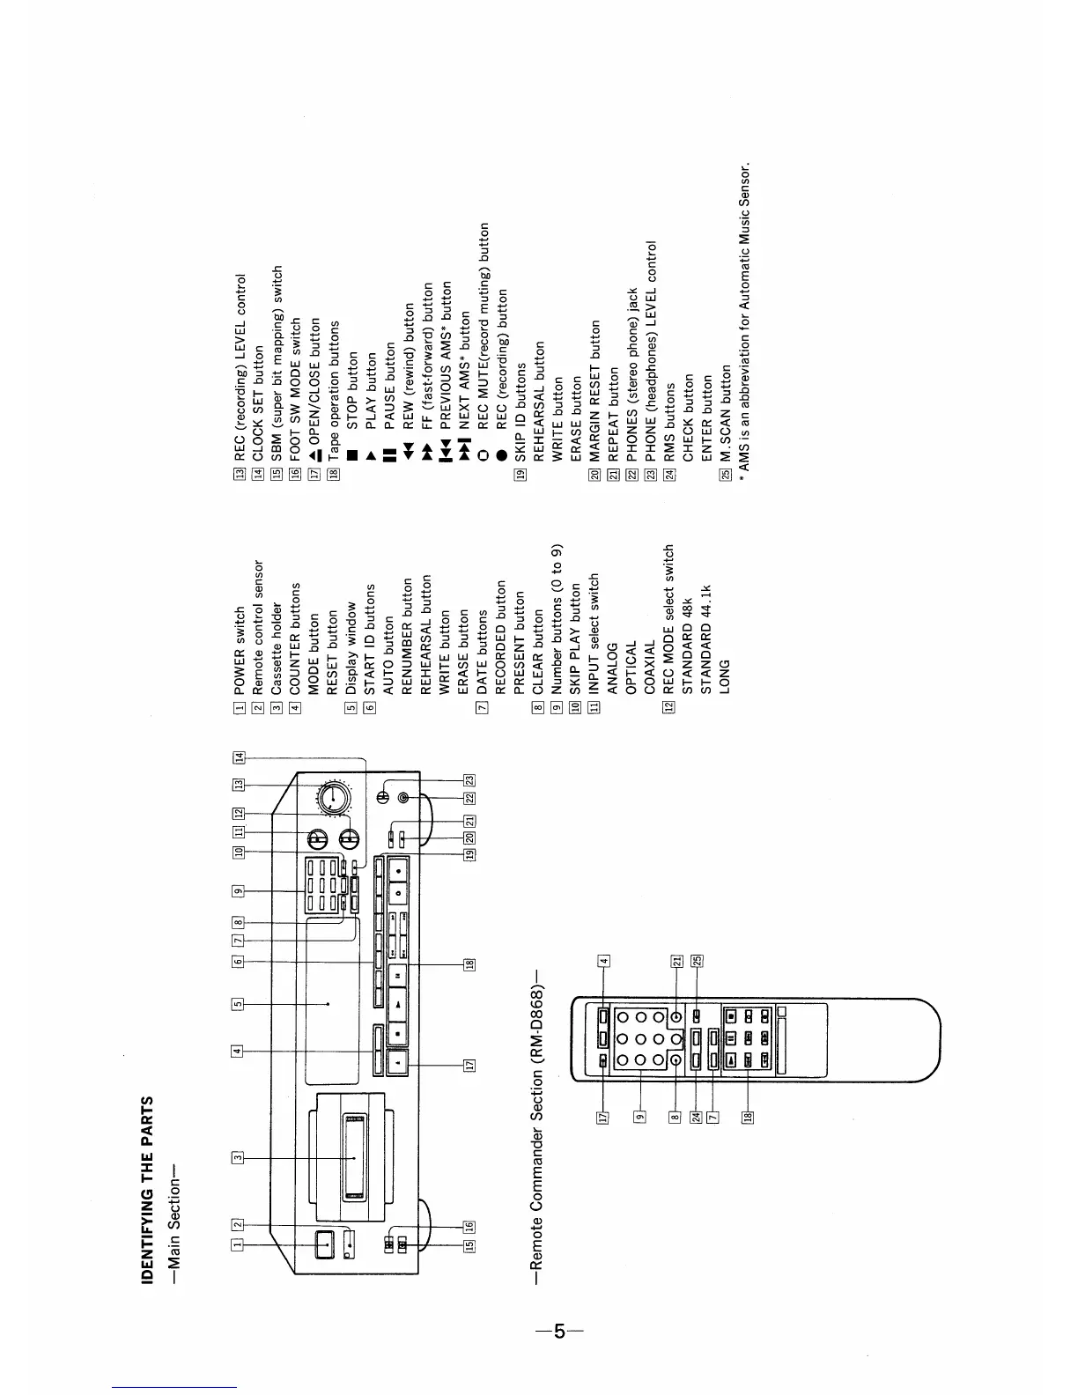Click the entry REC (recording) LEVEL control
pos(240,370)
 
